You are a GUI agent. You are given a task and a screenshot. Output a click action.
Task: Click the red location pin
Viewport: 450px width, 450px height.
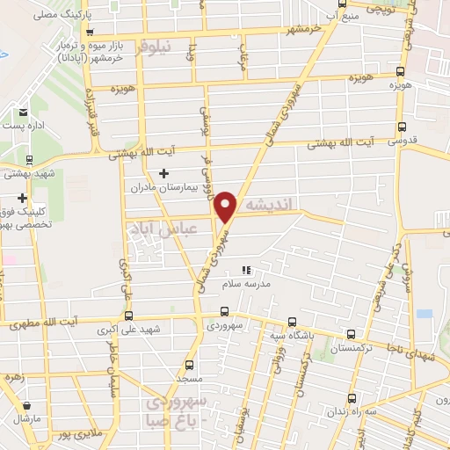227,205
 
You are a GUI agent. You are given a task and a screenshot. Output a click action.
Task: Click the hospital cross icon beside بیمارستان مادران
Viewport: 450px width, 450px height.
163,174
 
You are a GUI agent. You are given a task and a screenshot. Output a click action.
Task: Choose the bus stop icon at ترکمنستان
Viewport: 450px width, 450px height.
352,334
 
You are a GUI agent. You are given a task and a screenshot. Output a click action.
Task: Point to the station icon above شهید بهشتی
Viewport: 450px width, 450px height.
30,160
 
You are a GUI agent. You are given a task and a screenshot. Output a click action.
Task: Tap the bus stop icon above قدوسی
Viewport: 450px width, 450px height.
402,127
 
